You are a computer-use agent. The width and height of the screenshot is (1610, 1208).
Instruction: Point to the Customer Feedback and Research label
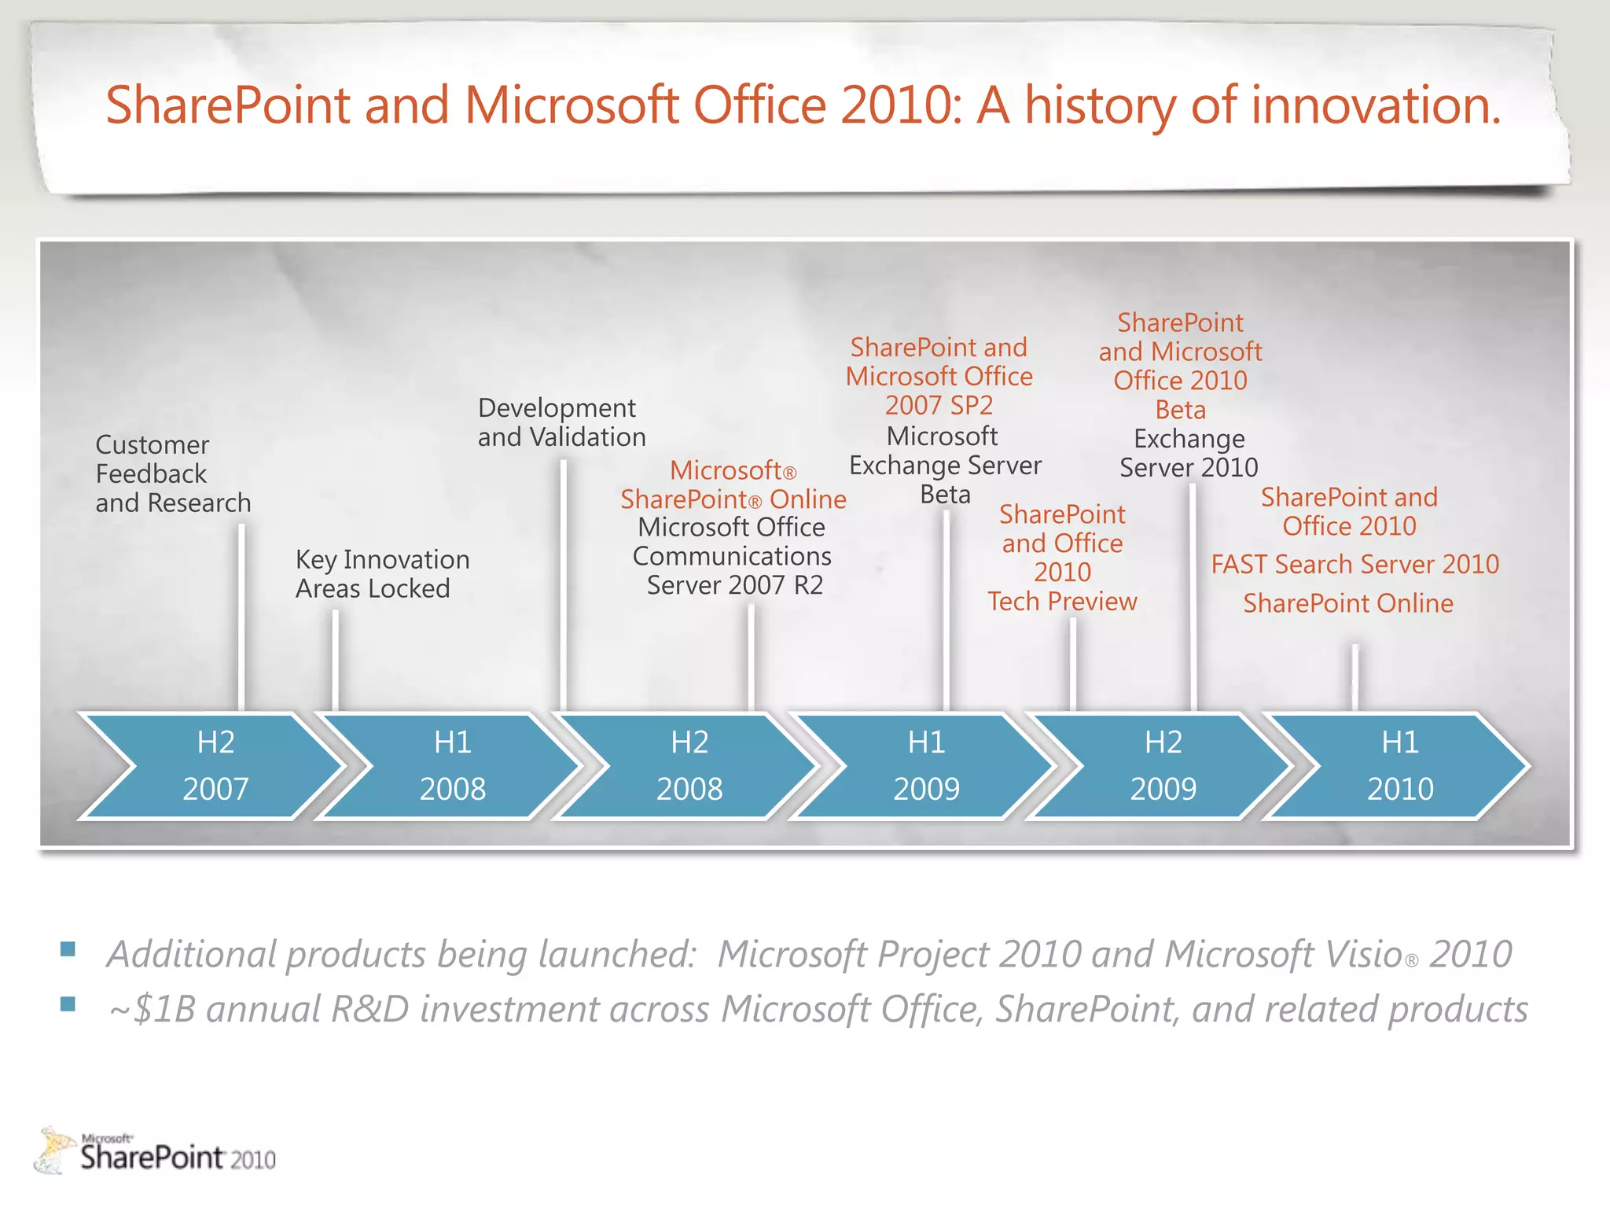tap(172, 474)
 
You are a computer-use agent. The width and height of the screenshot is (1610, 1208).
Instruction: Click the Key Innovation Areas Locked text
tap(382, 574)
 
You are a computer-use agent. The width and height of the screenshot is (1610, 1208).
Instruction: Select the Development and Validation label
tap(561, 422)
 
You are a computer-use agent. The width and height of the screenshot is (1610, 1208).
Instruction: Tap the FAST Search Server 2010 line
tap(1355, 565)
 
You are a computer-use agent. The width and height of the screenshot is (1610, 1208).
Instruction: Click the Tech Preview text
tap(1062, 602)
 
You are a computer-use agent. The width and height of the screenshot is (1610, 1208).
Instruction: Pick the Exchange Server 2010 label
tap(1189, 454)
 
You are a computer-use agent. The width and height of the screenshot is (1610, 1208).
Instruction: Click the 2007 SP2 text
tap(939, 406)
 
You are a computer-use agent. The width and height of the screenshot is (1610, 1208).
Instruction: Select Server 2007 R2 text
tap(734, 586)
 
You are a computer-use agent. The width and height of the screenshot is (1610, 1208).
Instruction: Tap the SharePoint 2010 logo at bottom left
tap(157, 1152)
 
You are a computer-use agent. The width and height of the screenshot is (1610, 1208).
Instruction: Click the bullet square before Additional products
tap(68, 949)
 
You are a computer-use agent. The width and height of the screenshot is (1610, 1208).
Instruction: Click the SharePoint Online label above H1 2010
tap(1347, 604)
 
